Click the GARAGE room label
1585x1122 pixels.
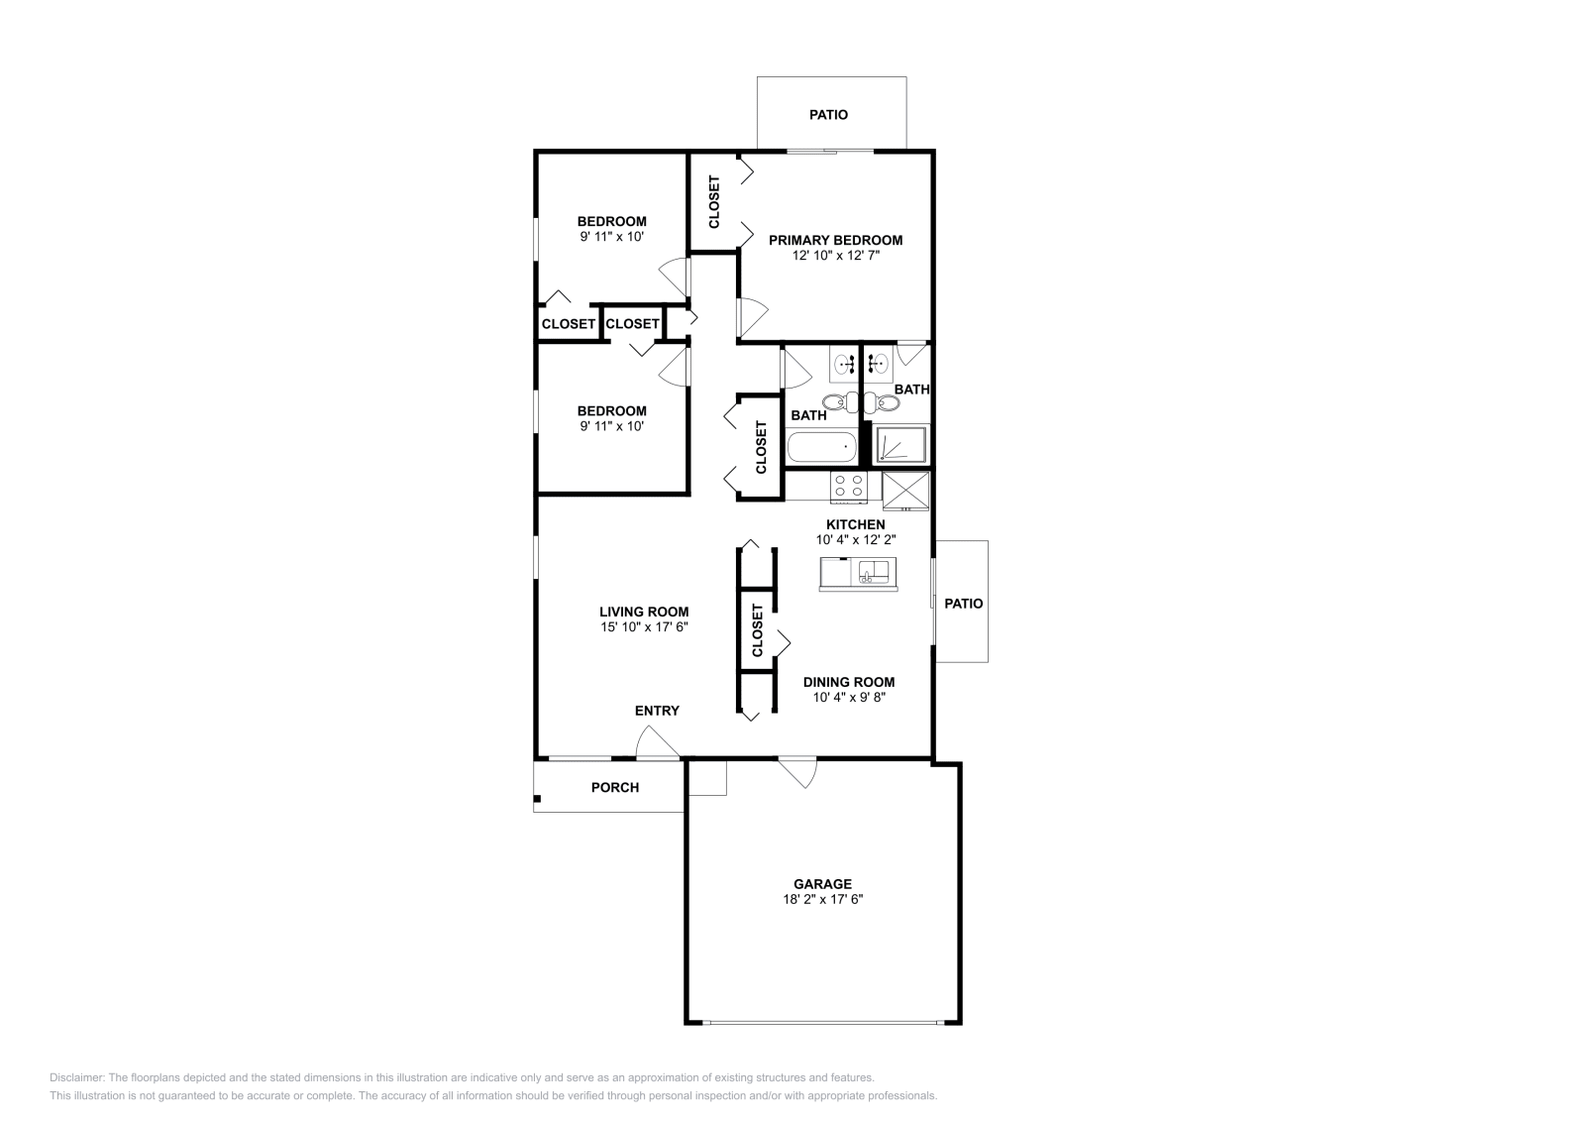[822, 884]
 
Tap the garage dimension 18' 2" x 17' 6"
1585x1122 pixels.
[822, 900]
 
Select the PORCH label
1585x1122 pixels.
[615, 788]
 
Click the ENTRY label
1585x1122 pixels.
[657, 711]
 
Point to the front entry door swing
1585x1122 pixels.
[656, 743]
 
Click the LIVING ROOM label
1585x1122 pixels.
[644, 612]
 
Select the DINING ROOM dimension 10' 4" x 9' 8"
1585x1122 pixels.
[848, 697]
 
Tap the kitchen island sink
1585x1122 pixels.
[873, 572]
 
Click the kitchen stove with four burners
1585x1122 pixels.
[849, 485]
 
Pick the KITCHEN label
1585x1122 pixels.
[856, 524]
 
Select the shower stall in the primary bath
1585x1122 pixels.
[901, 445]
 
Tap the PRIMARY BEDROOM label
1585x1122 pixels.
[835, 240]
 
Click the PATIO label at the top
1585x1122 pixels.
[828, 115]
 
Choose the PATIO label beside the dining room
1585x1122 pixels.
[963, 603]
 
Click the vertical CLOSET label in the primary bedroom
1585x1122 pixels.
[714, 201]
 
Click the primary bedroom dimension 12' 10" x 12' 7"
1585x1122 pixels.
[835, 256]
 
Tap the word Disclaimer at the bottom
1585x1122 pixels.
[75, 1077]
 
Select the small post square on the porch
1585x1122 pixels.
[537, 798]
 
